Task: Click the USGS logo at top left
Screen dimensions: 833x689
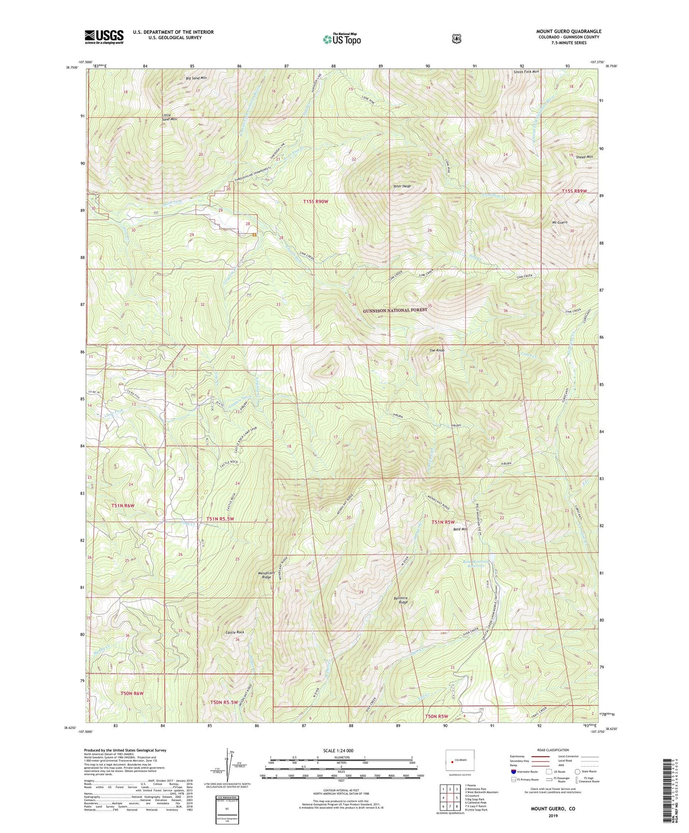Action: point(104,36)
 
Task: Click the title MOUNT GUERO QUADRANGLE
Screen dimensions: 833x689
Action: point(568,31)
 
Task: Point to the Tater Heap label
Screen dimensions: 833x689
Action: point(402,187)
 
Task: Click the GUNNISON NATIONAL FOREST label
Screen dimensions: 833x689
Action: point(395,310)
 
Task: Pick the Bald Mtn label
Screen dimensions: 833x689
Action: point(460,529)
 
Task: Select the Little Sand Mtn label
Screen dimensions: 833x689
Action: point(169,117)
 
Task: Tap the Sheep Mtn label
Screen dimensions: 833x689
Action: point(584,157)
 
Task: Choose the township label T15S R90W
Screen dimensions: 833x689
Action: point(316,202)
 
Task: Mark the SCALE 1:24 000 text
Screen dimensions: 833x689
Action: point(338,750)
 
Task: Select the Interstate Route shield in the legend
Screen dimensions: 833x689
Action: point(513,771)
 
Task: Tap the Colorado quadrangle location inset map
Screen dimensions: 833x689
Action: point(461,762)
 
